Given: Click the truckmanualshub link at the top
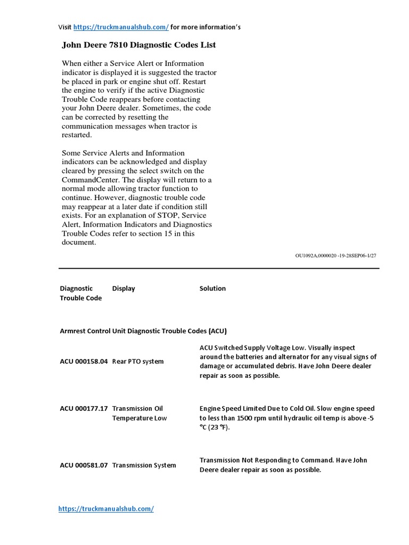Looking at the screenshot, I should point(121,27).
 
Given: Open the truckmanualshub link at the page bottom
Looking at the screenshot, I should point(105,509).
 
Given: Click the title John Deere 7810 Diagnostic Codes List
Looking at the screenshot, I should point(139,45).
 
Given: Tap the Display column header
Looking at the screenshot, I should point(124,288).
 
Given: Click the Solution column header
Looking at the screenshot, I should point(212,288).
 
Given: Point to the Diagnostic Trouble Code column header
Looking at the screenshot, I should point(80,293).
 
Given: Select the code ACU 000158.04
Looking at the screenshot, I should point(84,361).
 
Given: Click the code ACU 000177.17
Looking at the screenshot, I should point(84,408).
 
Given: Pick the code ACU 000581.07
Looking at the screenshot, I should point(84,465).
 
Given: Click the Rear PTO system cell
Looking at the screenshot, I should point(138,361).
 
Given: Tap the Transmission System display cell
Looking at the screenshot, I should point(144,465).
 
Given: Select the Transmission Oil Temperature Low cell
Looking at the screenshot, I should point(139,413).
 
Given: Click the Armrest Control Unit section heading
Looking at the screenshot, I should point(143,331).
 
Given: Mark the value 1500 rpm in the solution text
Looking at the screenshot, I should point(253,418).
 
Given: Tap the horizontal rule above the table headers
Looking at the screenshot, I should point(218,268).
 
